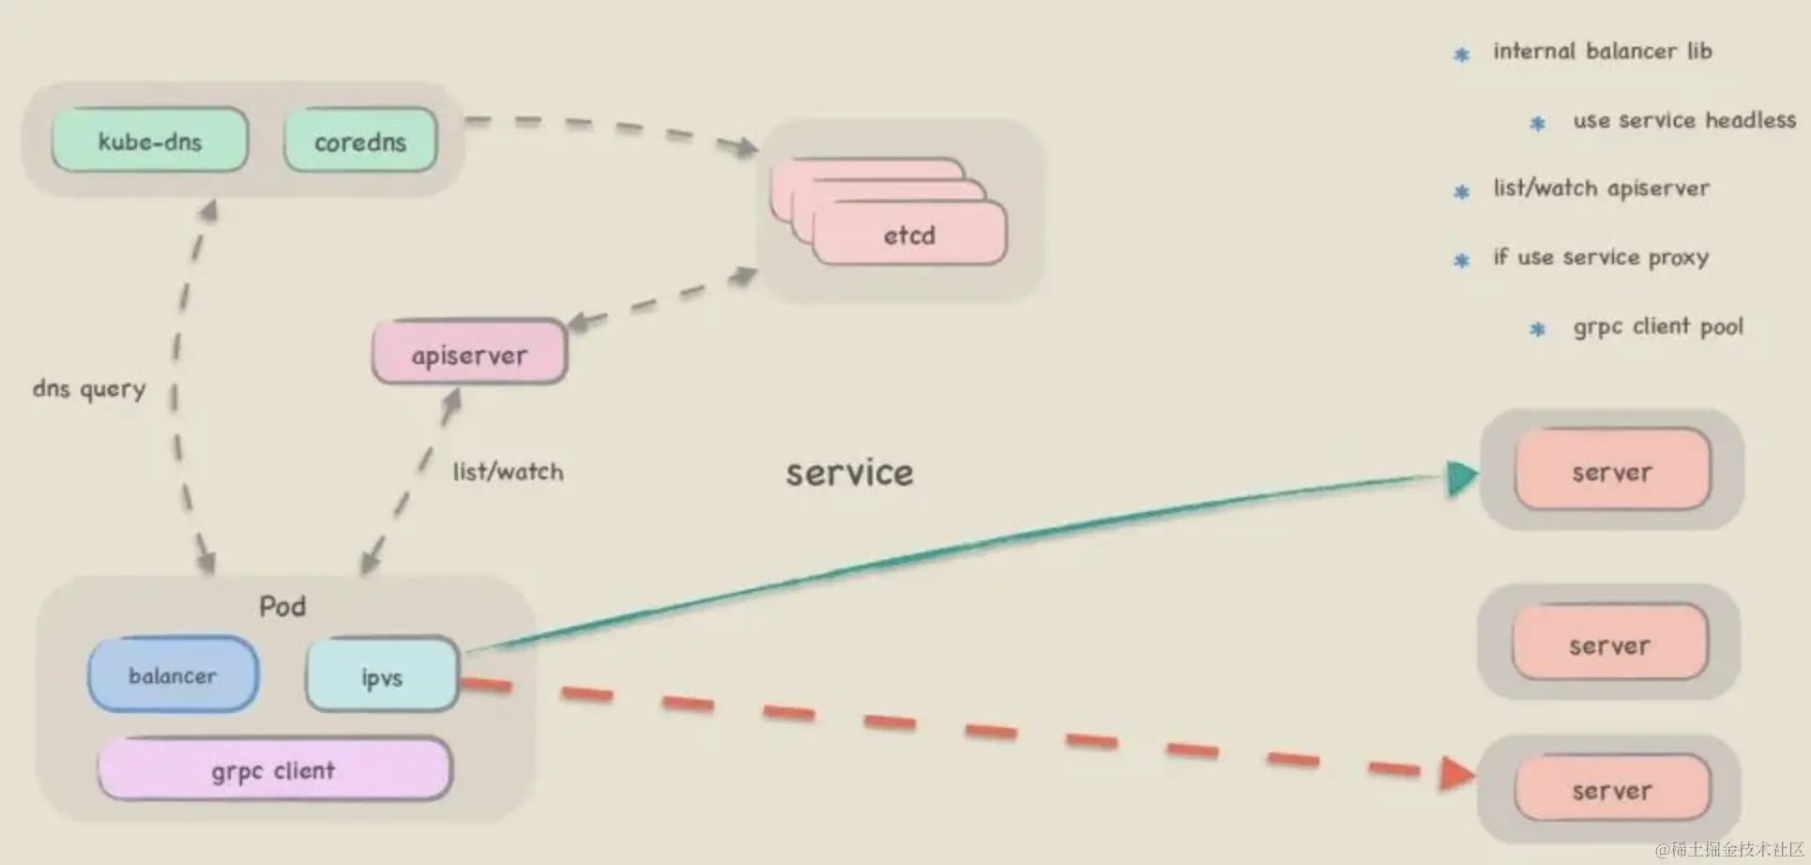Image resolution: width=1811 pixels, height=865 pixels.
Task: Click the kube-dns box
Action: tap(150, 141)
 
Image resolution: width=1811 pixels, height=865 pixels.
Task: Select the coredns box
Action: tap(360, 142)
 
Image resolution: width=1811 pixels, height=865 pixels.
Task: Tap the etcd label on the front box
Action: tap(909, 235)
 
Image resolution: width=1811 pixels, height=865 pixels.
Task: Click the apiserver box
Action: tap(469, 354)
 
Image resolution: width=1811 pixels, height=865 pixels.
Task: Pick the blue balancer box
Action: tap(173, 675)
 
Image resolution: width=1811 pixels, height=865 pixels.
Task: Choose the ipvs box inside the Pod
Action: tap(382, 675)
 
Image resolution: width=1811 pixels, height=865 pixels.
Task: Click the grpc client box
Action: tap(274, 770)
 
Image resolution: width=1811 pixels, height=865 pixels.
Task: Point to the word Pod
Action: tap(282, 606)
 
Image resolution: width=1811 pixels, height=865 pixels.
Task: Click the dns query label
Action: tap(89, 388)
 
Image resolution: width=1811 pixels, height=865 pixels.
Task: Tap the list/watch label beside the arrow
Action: tap(509, 471)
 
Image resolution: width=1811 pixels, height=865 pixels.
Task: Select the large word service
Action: tap(849, 472)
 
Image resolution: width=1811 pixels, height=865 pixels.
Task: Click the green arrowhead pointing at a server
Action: tap(1461, 478)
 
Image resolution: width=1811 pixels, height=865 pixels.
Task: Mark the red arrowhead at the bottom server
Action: tap(1456, 774)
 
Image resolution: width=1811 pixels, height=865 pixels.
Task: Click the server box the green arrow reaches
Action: tap(1612, 471)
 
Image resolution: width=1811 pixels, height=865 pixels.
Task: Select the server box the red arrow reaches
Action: tap(1612, 790)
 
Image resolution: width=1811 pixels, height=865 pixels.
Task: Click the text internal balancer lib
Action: tap(1603, 51)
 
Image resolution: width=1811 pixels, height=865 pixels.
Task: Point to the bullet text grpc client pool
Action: tap(1658, 326)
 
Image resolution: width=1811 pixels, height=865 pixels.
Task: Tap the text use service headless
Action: tap(1684, 120)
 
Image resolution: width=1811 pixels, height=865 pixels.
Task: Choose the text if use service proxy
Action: tap(1601, 257)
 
